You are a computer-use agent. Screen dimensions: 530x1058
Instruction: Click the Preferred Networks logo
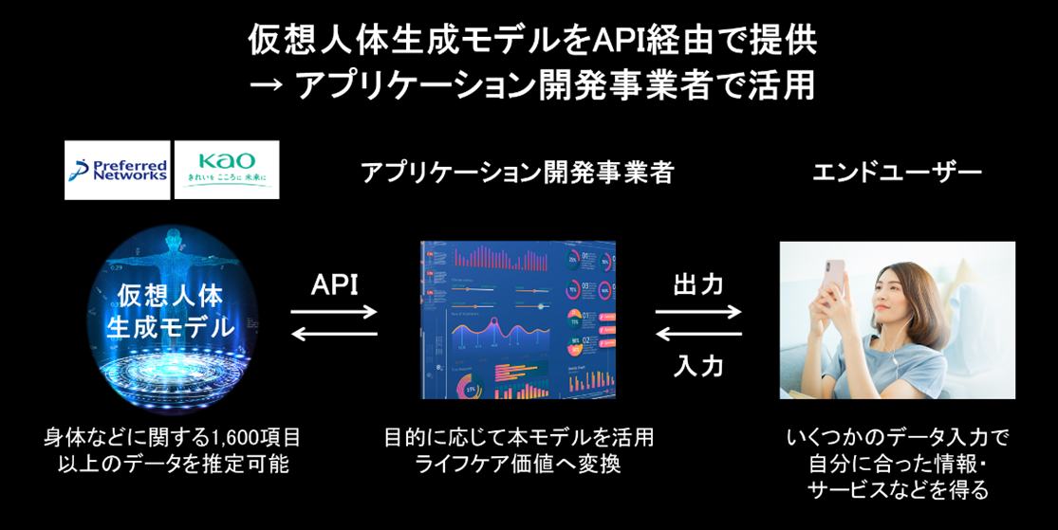pos(117,170)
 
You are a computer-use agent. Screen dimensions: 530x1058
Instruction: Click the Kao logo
pos(227,170)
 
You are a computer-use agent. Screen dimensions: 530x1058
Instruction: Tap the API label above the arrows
pos(334,284)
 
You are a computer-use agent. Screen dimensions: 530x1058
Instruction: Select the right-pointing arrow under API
pos(334,311)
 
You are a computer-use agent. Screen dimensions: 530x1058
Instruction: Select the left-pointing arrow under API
pos(334,333)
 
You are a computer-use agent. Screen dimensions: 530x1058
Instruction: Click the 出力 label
pos(698,284)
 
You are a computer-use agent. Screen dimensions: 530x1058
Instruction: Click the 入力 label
pos(698,365)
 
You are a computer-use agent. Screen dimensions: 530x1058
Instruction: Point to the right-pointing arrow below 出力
pos(698,311)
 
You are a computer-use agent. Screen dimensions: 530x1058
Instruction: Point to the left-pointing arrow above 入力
pos(698,333)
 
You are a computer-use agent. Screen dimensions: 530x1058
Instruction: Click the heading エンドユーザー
pos(897,173)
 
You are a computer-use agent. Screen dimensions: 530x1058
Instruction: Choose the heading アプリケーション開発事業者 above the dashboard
pos(517,173)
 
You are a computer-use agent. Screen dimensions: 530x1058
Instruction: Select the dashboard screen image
pos(517,320)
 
